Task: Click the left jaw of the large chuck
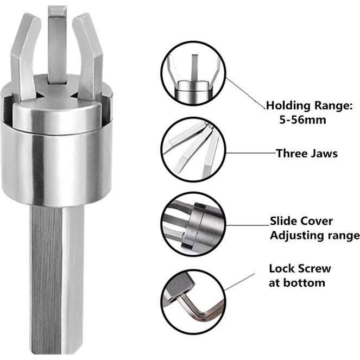pos(24,54)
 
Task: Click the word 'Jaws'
pos(324,154)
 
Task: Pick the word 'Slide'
pos(285,222)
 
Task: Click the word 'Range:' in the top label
pos(333,105)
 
